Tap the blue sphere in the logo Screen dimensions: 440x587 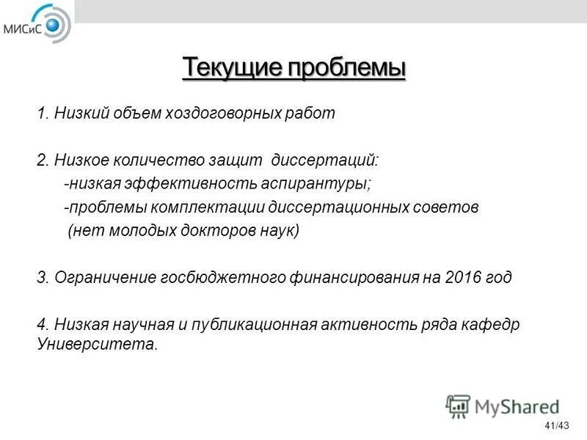(54, 27)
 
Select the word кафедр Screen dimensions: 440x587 (492, 325)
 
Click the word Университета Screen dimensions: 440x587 (97, 344)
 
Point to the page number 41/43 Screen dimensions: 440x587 (557, 426)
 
